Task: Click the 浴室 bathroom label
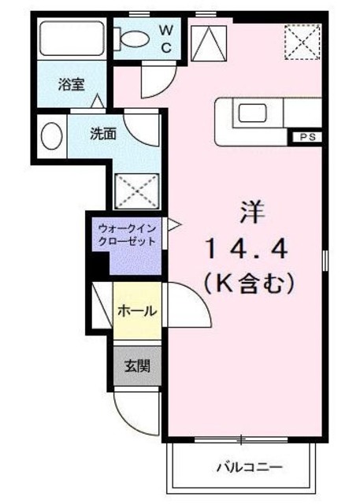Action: [x=72, y=84]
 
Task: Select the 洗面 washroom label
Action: [x=102, y=133]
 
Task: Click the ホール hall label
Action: [x=136, y=311]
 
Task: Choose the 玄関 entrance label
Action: [x=135, y=366]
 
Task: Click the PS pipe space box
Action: [x=306, y=137]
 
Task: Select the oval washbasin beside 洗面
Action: [x=51, y=135]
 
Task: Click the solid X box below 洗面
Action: [x=131, y=190]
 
